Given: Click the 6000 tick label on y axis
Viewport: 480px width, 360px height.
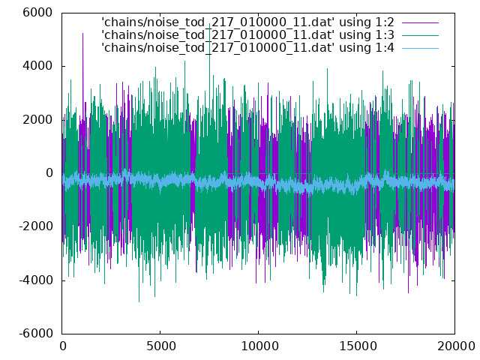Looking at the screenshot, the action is [37, 13].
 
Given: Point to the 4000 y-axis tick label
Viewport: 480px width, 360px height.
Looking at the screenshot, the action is [37, 66].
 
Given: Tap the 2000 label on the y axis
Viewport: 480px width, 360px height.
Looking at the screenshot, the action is [37, 119].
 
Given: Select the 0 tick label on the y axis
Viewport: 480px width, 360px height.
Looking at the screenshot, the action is [49, 173].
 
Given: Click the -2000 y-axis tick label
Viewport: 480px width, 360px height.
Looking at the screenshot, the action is [36, 226].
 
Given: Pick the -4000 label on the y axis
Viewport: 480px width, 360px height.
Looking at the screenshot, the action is [36, 280].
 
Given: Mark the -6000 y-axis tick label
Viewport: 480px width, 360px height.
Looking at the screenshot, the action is [36, 333].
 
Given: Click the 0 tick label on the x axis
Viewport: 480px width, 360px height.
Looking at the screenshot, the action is [63, 346].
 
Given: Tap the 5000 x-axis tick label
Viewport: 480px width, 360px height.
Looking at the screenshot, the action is [160, 346].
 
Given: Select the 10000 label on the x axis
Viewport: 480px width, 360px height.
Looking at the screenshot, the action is [259, 346].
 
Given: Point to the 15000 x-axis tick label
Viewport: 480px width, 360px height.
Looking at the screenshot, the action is [358, 346].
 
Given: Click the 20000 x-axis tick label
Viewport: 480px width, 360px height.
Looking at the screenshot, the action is [456, 346].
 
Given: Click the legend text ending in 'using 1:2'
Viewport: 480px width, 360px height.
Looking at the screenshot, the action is [247, 22].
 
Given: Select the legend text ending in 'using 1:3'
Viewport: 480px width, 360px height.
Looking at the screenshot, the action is [247, 35].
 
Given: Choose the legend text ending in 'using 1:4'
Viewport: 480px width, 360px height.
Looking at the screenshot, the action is [247, 48].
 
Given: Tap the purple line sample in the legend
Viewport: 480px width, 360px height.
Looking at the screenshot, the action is [420, 22].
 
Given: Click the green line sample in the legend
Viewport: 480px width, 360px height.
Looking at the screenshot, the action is [420, 35].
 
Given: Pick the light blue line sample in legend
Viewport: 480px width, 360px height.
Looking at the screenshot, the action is [420, 48].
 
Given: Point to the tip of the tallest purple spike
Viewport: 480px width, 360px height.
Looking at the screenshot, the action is [82, 33].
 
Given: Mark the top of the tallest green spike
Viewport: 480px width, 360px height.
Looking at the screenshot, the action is [210, 23].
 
